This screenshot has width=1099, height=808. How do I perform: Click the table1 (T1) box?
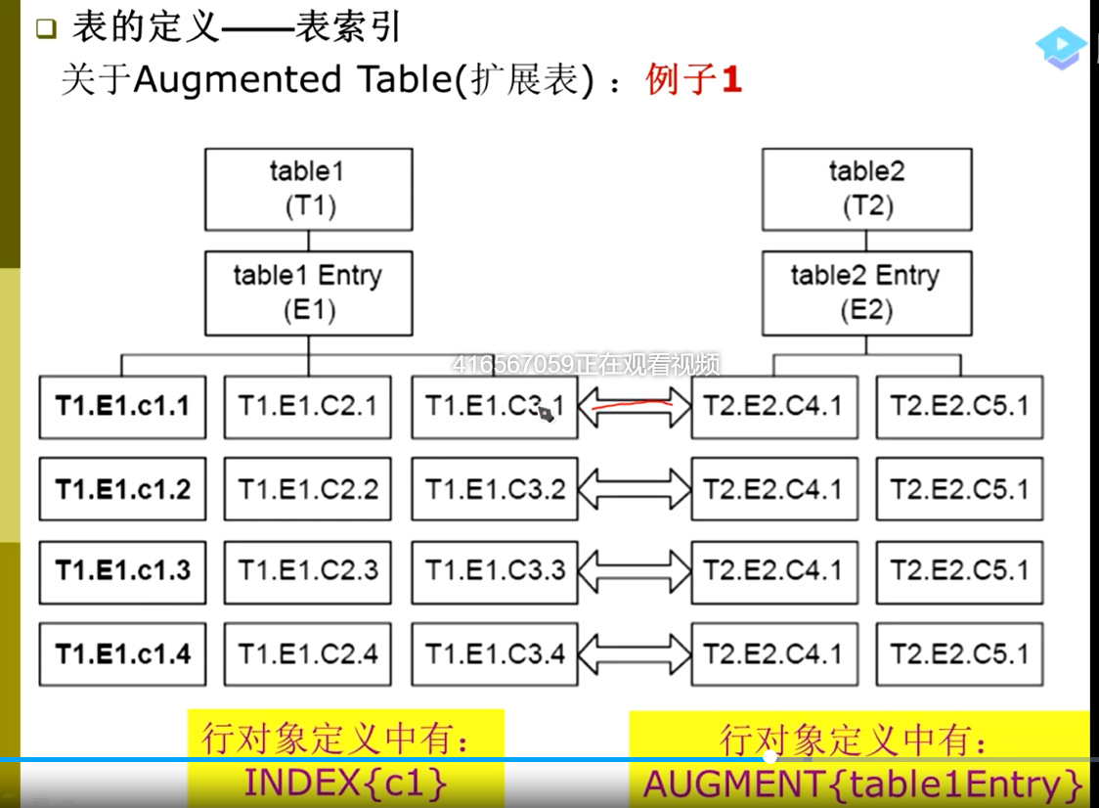308,189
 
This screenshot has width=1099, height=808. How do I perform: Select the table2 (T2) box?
866,189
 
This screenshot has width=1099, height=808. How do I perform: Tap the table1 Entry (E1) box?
308,292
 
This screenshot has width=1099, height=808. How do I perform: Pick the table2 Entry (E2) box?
866,292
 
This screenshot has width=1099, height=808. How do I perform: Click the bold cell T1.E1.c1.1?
122,406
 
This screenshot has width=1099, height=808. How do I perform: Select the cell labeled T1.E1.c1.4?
122,653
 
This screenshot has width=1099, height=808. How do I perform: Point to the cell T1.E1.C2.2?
308,489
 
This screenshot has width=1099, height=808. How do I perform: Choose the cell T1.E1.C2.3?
308,570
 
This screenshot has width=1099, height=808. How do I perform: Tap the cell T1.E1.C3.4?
495,653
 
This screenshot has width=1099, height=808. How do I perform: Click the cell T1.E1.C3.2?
495,489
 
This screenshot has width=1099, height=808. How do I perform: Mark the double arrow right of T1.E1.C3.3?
635,570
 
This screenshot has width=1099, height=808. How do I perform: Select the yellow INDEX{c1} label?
345,784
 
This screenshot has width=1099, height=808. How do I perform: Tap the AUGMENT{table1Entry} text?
863,785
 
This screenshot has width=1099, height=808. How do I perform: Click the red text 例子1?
693,79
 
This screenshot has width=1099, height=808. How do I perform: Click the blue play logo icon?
1061,48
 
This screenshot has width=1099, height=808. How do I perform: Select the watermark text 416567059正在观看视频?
586,365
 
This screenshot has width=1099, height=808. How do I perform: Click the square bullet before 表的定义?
46,29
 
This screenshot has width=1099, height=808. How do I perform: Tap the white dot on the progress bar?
770,756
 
